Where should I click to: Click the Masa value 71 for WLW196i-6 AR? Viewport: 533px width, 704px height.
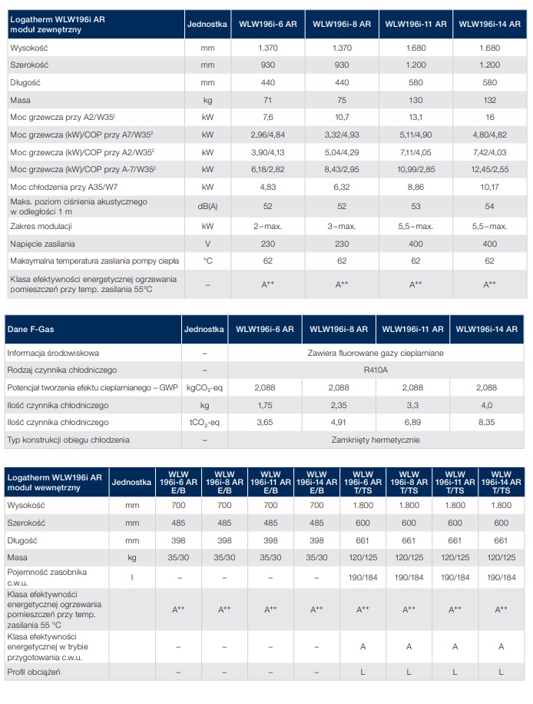[268, 100]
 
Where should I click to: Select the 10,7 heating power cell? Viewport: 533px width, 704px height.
[342, 117]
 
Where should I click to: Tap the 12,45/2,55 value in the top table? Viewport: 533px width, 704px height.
[489, 169]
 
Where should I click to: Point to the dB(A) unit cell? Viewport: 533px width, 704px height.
[207, 207]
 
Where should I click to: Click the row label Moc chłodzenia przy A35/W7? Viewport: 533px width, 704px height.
[64, 187]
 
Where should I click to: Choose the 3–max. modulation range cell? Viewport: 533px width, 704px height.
[342, 226]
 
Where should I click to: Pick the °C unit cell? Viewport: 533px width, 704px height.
[207, 261]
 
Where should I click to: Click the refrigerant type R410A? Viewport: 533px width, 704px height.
[376, 370]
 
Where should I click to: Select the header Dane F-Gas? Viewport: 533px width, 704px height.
[31, 329]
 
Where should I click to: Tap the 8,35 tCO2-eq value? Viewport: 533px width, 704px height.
[487, 422]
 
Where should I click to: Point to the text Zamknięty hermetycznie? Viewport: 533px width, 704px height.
[376, 440]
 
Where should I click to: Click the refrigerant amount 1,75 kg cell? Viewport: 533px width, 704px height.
[265, 405]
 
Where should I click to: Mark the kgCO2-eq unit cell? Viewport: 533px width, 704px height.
[204, 388]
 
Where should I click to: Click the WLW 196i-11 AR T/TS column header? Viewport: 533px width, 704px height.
[455, 482]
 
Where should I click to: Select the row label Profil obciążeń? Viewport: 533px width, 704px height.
[34, 672]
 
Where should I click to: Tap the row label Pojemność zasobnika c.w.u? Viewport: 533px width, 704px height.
[47, 577]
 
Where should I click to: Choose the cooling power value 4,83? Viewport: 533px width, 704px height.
[268, 187]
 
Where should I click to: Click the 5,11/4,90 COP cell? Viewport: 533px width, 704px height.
[415, 134]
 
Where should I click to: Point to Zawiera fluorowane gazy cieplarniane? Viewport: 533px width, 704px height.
[376, 353]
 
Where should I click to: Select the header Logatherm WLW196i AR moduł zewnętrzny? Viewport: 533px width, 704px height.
[58, 25]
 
